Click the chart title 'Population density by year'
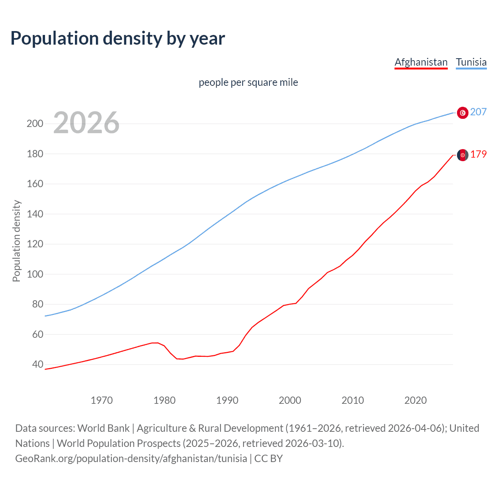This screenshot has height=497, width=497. [x=118, y=38]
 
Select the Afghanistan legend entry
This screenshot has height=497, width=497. [x=421, y=62]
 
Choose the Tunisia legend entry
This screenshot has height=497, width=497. [x=471, y=62]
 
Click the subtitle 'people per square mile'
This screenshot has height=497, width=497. [x=248, y=82]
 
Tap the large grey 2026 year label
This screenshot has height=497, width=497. [x=86, y=123]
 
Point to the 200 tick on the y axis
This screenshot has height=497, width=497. [x=35, y=124]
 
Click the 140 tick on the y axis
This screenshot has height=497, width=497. [x=35, y=214]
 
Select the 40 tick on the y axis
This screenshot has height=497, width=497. [x=37, y=364]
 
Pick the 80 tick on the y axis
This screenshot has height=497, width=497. [x=37, y=304]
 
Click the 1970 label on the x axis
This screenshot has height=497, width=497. [x=102, y=400]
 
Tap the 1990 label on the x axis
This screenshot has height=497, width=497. [x=227, y=400]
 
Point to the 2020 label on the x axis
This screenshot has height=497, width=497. [x=415, y=400]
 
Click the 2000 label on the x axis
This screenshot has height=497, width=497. [x=290, y=400]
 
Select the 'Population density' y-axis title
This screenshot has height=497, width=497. [x=16, y=241]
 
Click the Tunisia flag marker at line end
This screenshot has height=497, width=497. [x=462, y=113]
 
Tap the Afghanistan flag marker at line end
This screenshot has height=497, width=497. [x=462, y=155]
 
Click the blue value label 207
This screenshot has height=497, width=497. [x=478, y=112]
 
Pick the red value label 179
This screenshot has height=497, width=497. [x=478, y=155]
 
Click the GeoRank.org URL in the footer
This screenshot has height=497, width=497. [x=131, y=459]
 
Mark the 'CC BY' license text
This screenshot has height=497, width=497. [x=268, y=459]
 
